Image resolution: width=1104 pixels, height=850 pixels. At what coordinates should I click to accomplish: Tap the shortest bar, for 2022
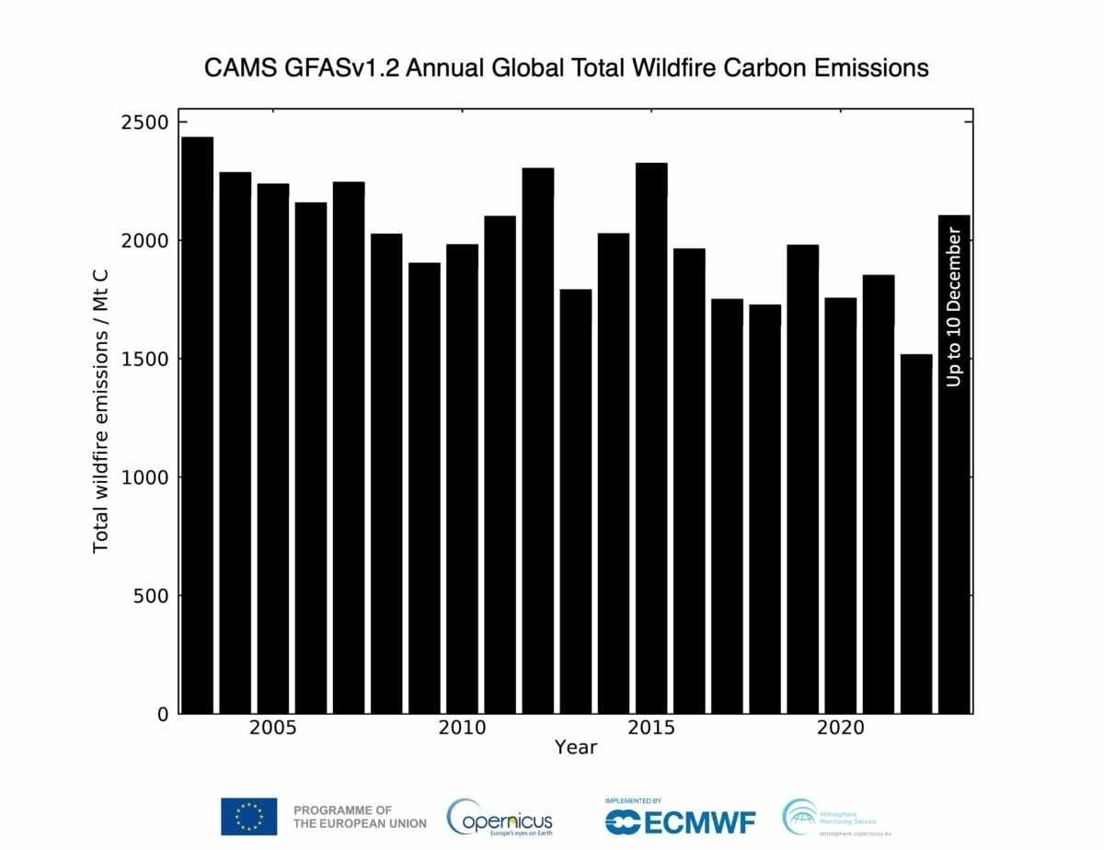tap(916, 534)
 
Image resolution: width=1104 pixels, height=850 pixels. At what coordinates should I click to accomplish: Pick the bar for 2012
tap(537, 441)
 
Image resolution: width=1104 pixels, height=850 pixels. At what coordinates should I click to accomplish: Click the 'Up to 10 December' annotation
tap(954, 309)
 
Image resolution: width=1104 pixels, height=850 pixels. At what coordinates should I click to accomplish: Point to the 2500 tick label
tap(144, 122)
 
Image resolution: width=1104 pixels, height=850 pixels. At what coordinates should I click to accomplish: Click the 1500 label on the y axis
tap(144, 359)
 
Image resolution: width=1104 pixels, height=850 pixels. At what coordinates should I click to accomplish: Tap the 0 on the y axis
tap(163, 714)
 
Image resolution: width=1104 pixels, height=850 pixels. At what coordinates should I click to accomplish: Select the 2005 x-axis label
tap(272, 729)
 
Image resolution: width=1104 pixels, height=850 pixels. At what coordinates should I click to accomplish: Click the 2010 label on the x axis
tap(462, 729)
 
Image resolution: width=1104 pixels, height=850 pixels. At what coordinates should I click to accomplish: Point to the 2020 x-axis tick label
tap(841, 729)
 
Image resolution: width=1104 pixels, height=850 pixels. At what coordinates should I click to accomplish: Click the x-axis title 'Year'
tap(576, 747)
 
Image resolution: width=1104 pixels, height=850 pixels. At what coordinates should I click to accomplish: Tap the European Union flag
tap(248, 816)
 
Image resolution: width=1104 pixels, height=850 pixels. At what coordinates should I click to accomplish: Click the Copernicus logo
tap(500, 816)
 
